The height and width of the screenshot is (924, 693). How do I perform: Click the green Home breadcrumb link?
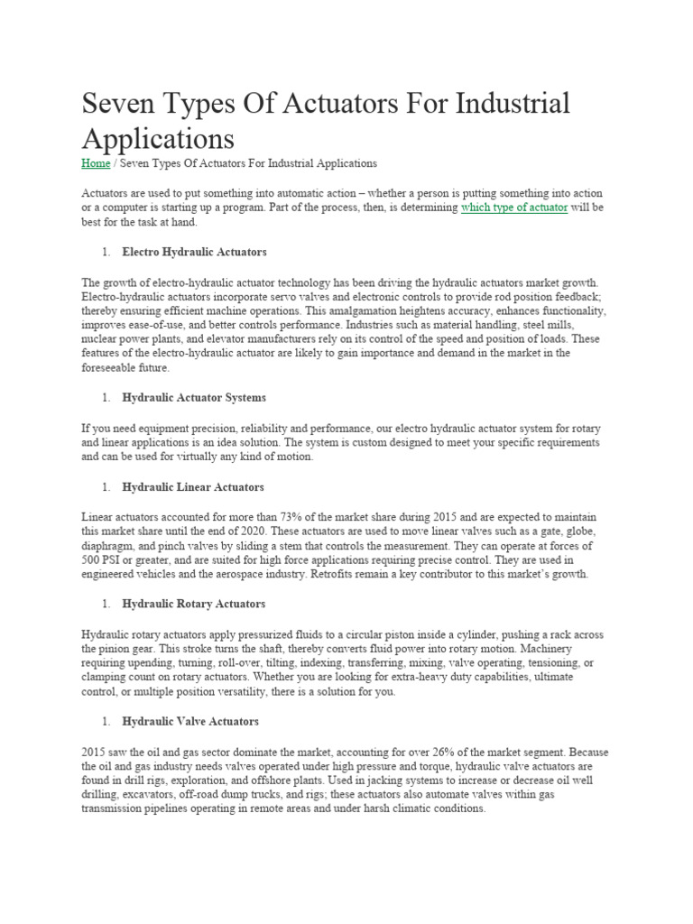click(96, 163)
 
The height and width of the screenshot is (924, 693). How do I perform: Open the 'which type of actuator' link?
click(513, 207)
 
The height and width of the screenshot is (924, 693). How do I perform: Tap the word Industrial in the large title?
click(514, 104)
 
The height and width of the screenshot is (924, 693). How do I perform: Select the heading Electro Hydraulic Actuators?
click(194, 251)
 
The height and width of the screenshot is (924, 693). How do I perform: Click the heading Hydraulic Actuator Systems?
click(194, 397)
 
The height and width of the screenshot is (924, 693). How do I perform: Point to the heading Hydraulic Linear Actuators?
click(193, 486)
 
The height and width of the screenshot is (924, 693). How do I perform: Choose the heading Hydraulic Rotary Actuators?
click(193, 604)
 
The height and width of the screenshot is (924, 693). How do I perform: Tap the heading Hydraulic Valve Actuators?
click(190, 721)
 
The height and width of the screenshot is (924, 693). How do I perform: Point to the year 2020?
click(302, 531)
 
